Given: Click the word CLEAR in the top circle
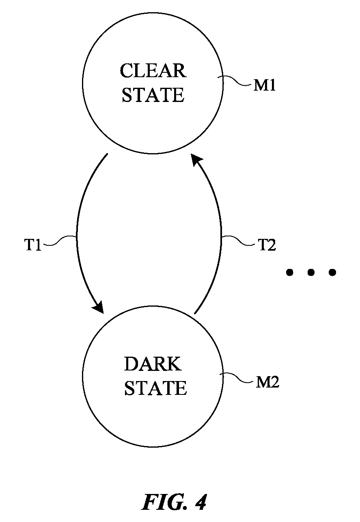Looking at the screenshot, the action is point(153,70).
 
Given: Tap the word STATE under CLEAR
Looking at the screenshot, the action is point(153,95).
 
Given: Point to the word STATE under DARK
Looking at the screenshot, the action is point(155,388).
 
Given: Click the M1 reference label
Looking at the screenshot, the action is point(265,85).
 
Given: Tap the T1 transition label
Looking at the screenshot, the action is point(33,245).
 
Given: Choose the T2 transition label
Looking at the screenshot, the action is point(267,245).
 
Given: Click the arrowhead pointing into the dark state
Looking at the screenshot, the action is point(99,307).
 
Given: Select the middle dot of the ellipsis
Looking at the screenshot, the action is point(311,272).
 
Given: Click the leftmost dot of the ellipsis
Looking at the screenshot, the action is point(289,272).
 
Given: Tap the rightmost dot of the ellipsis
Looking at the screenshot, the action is point(332,272).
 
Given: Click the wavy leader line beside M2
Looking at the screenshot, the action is point(237,377).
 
